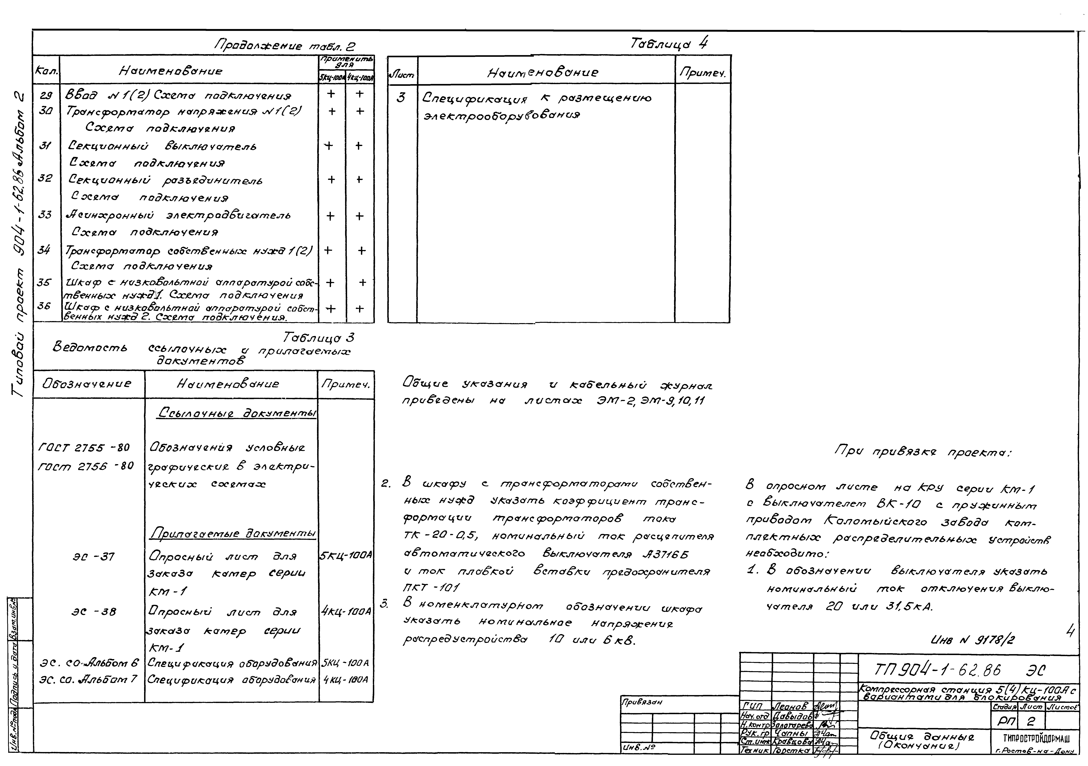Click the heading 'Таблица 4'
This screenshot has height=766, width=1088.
[669, 44]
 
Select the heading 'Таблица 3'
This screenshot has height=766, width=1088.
[318, 338]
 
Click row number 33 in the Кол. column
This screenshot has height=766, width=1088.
[45, 215]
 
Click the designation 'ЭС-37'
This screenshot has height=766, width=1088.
[93, 556]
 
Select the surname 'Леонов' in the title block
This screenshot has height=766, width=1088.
[792, 707]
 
